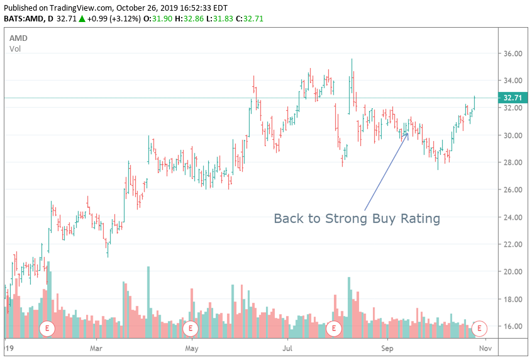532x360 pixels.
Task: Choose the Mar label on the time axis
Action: [96, 347]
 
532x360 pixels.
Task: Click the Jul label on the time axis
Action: [288, 347]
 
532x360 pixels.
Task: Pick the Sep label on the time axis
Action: [387, 347]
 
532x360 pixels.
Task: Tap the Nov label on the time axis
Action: [484, 347]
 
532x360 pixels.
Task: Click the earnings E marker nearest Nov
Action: [480, 328]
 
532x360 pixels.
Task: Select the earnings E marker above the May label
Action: [190, 328]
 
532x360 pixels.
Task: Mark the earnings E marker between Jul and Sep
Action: [334, 328]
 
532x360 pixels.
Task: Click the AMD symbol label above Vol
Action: [18, 38]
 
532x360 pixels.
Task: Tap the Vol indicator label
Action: [15, 48]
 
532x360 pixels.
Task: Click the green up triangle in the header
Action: [82, 18]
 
